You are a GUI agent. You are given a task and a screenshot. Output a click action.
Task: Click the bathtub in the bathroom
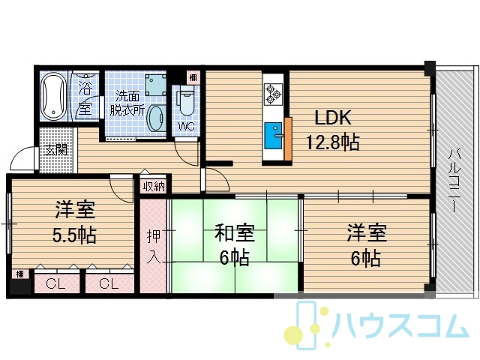click(54, 96)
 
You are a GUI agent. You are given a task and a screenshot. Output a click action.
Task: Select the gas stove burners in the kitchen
click(273, 94)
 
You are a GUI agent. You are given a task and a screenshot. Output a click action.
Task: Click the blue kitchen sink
click(273, 136)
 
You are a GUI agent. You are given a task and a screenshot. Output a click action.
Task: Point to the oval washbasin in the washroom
click(157, 118)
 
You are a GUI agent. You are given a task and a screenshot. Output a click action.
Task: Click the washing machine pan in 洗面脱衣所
click(156, 85)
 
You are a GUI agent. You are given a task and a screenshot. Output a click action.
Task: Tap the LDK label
click(333, 118)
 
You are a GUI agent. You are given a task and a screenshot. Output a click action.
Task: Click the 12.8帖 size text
click(333, 142)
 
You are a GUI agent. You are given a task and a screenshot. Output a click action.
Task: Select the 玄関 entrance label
click(55, 150)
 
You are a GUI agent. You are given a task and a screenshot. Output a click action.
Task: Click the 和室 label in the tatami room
click(235, 232)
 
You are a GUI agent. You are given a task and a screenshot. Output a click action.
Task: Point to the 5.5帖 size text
click(74, 235)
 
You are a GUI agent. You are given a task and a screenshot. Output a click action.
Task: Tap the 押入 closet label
click(153, 247)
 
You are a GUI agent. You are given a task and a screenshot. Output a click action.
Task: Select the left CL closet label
click(55, 284)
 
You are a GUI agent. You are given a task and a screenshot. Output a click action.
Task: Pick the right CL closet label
click(109, 284)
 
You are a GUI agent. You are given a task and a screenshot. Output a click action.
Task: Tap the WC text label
click(187, 127)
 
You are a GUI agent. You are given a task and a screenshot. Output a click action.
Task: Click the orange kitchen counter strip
click(288, 139)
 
